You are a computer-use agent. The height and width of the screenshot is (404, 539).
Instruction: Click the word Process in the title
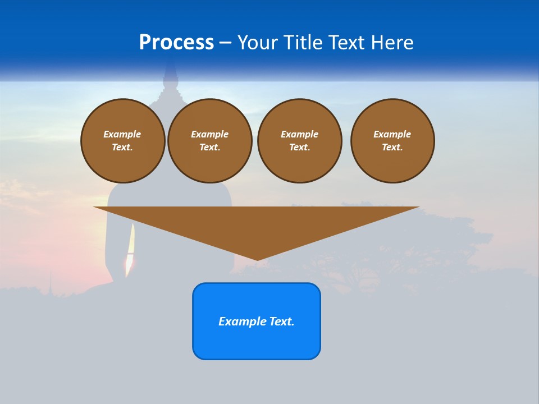tap(176, 42)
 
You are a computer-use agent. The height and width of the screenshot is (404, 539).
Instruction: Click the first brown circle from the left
tap(123, 140)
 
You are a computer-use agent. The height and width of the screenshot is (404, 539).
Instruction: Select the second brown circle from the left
tap(210, 140)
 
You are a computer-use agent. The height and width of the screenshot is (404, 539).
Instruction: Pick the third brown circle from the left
tap(300, 140)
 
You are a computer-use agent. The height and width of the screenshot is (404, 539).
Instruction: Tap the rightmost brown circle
tap(392, 140)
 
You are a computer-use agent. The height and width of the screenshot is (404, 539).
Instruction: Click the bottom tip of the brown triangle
tap(257, 259)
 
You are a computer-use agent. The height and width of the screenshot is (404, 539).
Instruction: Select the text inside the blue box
tap(257, 322)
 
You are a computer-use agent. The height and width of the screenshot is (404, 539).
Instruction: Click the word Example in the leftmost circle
tap(122, 134)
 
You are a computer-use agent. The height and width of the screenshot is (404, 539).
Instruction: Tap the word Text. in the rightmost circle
tap(392, 147)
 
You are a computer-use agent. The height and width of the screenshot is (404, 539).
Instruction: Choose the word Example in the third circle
tap(300, 134)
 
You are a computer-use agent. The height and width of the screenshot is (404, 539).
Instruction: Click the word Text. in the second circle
tap(210, 147)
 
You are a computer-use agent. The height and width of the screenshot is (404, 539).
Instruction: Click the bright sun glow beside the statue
tap(130, 259)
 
